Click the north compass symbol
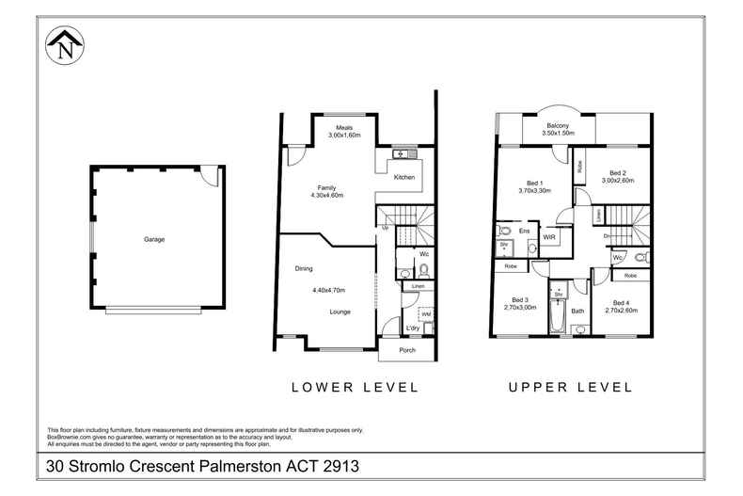65,47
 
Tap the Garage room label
154,239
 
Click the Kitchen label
404,177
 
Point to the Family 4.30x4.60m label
326,191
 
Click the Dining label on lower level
304,269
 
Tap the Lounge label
340,311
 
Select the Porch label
407,351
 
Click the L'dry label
413,328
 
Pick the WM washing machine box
425,314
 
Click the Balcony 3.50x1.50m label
557,129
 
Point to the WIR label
549,238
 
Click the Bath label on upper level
577,311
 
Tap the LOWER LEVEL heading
355,387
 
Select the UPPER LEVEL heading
570,387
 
